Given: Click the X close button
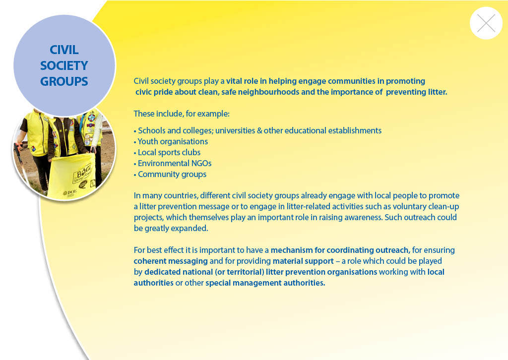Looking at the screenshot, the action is point(486,23).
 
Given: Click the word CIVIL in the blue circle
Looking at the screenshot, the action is point(64,50).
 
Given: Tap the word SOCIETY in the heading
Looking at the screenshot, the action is point(64,66).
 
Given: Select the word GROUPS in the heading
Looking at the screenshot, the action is point(64,82).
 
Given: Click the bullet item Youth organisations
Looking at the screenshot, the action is point(173,141).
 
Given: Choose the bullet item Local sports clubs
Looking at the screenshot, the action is point(169,153).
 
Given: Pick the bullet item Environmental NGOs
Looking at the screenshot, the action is point(175,164).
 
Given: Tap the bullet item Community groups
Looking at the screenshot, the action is point(172,175).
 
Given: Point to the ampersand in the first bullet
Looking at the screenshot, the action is point(259,131).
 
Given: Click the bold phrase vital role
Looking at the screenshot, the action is point(242,81).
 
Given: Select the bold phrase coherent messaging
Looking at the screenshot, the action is point(171,261).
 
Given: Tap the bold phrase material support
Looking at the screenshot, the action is point(303,261).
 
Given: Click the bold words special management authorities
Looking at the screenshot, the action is point(265,283).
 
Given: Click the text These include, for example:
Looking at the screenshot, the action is point(182,114).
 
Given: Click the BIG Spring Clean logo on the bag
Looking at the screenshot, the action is point(82,173).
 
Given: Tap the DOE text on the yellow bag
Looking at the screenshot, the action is point(70,192).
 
